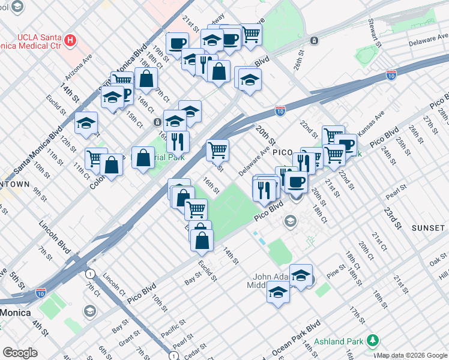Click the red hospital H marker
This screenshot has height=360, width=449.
[x=71, y=41]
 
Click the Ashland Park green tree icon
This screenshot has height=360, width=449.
[x=372, y=340]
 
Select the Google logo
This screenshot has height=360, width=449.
[x=20, y=352]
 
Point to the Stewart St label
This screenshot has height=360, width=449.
[x=376, y=33]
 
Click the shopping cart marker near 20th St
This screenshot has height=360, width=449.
[x=217, y=150]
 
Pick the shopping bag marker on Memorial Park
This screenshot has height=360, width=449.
[x=143, y=158]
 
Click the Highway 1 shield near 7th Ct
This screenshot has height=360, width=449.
[x=89, y=274]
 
